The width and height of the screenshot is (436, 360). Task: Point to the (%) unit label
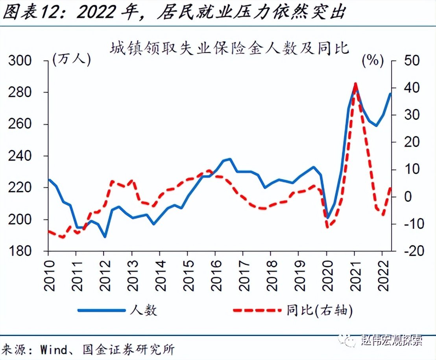373,60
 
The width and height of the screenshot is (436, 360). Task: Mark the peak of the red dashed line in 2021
355,84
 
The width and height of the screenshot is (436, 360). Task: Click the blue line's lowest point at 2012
104,237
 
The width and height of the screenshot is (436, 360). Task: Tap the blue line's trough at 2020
327,218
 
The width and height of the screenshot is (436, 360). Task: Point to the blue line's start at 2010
49,180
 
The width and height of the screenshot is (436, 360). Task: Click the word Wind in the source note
52,349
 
